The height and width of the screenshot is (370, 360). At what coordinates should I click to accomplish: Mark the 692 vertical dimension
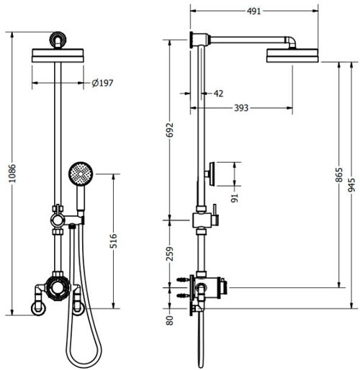click(x=170, y=134)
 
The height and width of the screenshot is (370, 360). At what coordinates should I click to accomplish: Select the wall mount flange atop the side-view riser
click(x=194, y=39)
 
